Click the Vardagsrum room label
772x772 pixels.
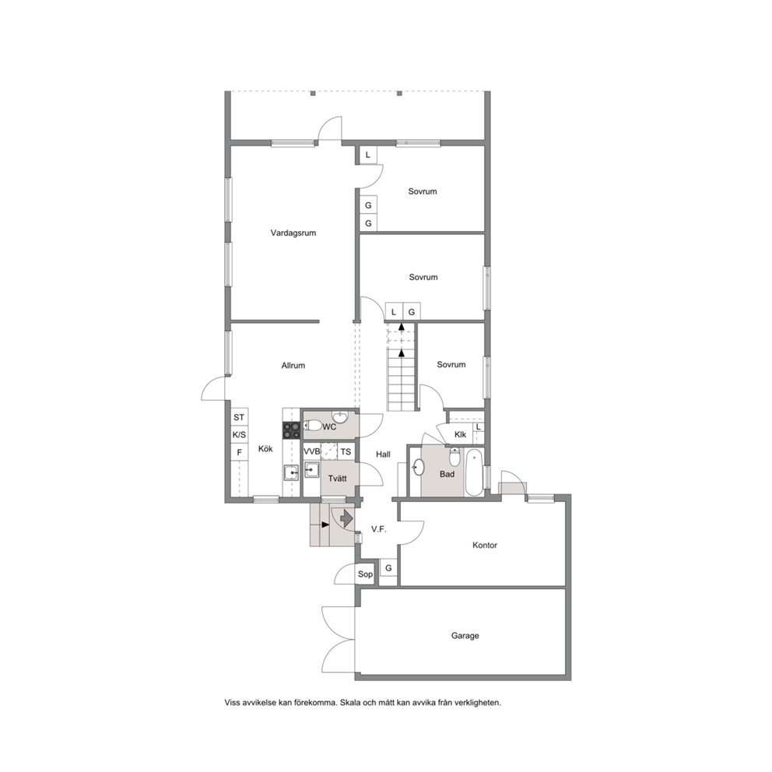tap(293, 233)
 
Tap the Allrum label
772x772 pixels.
tap(293, 365)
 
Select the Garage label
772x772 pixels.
tap(465, 636)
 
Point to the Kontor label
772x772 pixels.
tap(485, 545)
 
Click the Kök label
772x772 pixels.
tap(265, 448)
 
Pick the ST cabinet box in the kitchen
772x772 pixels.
tap(239, 417)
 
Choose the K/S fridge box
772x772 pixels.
tap(239, 435)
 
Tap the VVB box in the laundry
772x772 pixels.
tap(311, 451)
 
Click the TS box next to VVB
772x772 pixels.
tap(346, 451)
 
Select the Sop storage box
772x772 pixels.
tap(365, 574)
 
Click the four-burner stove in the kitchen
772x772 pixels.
tap(292, 431)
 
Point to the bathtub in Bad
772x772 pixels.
tap(474, 472)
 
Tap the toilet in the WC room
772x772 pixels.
tap(313, 426)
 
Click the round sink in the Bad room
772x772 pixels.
tap(418, 467)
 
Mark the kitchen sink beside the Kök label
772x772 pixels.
tap(291, 473)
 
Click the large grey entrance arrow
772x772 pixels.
tap(346, 518)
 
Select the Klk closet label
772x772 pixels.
tap(461, 435)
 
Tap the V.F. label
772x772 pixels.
tap(379, 529)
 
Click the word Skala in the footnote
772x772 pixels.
tap(350, 703)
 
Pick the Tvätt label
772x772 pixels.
tap(337, 478)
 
